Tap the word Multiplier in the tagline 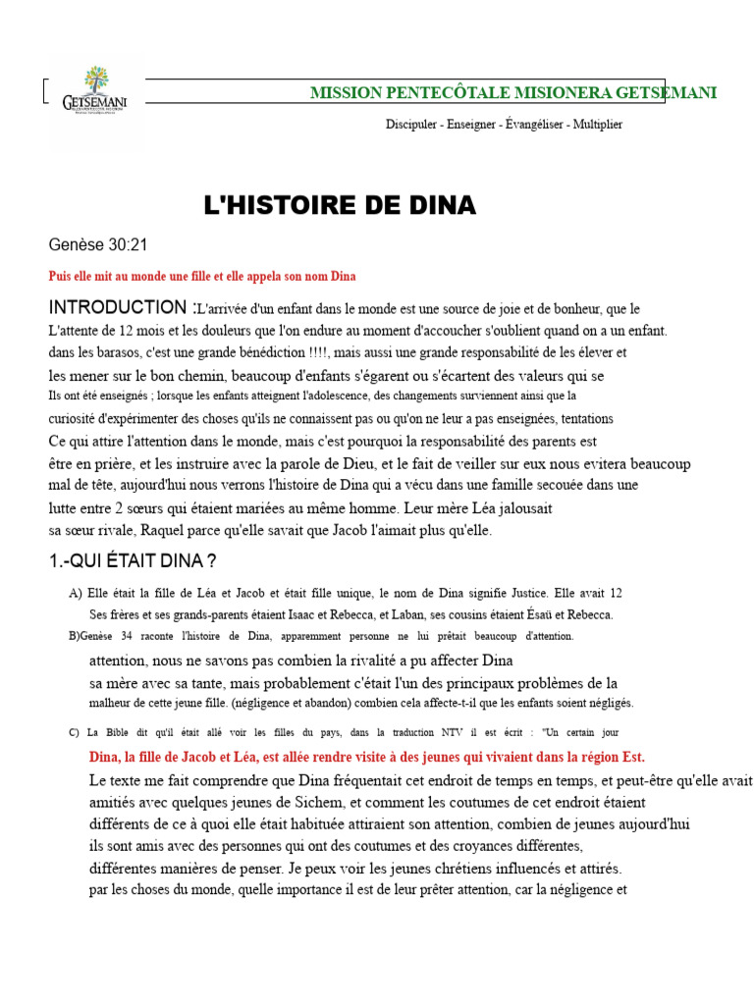pos(592,125)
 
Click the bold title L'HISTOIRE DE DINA pos(339,205)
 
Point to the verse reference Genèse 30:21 pos(98,245)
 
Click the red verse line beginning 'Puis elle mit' pos(201,277)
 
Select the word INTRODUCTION pos(117,308)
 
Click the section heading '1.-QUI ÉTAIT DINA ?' pos(133,561)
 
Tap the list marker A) pos(76,594)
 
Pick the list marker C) pos(74,732)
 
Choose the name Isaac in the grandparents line pos(272,615)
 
